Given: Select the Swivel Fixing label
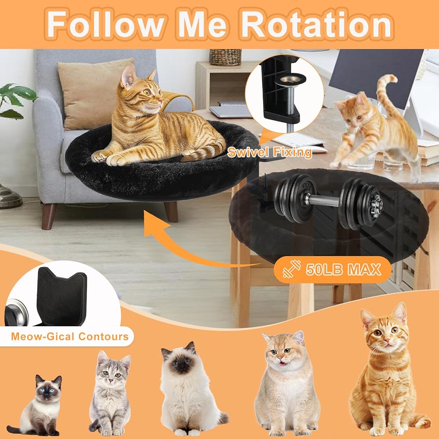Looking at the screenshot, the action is (x=270, y=152).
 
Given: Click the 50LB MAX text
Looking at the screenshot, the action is (x=343, y=270).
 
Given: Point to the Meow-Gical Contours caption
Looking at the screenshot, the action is (x=70, y=336).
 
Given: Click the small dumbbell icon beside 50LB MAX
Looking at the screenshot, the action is (x=291, y=269).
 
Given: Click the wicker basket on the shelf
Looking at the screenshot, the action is (x=225, y=57).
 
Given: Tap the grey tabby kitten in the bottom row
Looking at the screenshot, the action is (x=110, y=392).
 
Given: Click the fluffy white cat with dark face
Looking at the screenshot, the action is (x=191, y=389).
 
